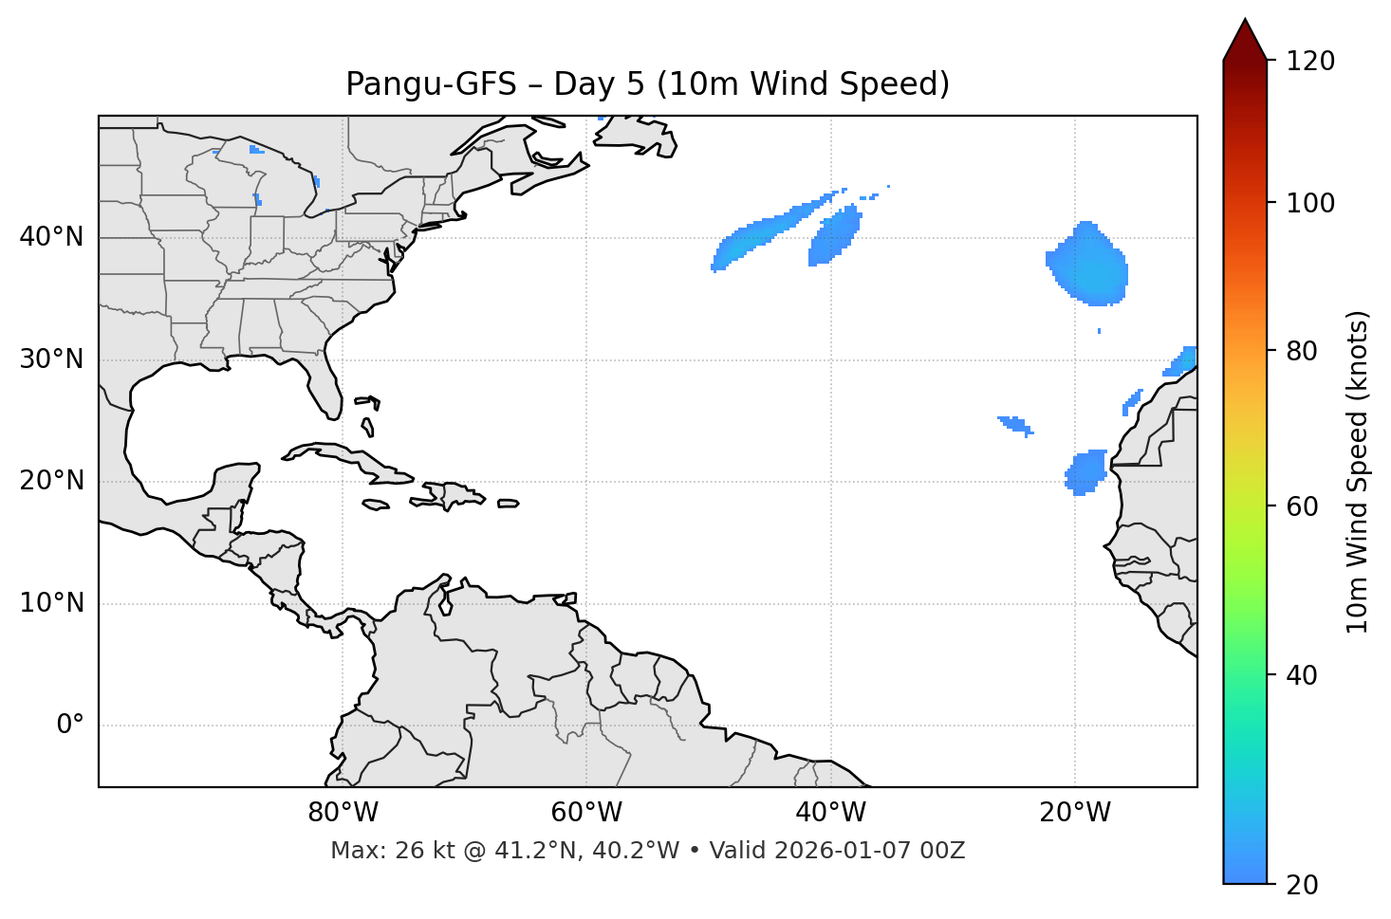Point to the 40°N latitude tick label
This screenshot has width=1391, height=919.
pos(51,237)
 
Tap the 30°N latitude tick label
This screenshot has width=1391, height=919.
pos(51,359)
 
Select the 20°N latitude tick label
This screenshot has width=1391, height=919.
pos(51,481)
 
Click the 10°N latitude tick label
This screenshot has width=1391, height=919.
pos(51,603)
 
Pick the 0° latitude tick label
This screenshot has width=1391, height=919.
pos(70,726)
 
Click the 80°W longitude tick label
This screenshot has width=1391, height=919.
pos(343,813)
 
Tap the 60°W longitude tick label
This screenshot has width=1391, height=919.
pos(586,813)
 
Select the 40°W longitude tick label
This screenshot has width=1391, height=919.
pos(830,813)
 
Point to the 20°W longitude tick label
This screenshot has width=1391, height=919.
pos(1074,813)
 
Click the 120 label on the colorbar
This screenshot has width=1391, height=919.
pos(1310,62)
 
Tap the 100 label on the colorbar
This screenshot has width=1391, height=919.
pos(1310,203)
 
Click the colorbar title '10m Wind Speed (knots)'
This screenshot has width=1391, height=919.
pos(1358,471)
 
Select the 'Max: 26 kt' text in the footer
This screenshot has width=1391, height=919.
pos(376,851)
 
